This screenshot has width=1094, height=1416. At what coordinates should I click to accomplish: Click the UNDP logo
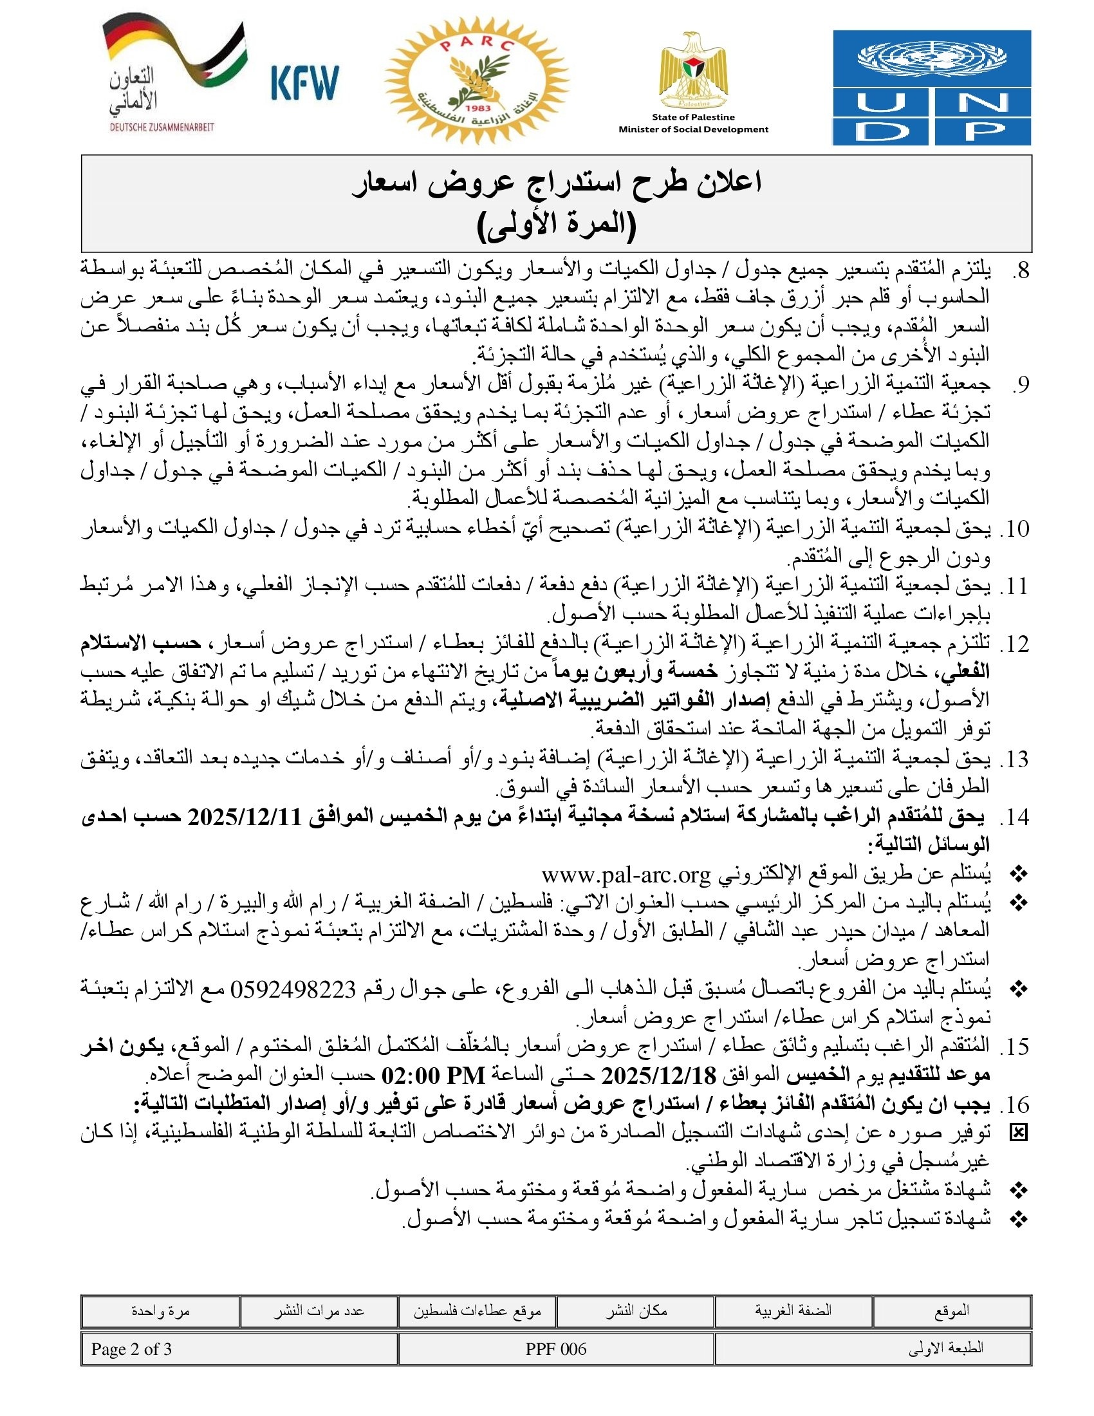coord(931,88)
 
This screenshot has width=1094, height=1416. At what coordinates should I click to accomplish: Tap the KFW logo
coord(304,82)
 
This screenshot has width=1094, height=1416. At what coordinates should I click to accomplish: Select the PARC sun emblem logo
coord(476,81)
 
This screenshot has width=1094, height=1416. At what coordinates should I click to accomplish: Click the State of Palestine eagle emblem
coord(693,71)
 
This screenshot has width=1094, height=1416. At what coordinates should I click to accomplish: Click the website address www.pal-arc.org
coord(626,875)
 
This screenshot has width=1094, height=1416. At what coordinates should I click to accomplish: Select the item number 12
coord(1014,645)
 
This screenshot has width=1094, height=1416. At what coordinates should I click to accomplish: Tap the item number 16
coord(1014,1104)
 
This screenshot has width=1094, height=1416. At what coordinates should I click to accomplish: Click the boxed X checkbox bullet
coord(1019,1133)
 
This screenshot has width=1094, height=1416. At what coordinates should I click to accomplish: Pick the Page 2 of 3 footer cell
coord(131,1349)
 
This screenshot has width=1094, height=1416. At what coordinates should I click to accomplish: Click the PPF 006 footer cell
coord(556,1349)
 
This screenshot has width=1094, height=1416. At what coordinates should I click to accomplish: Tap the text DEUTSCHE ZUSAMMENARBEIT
coord(162,127)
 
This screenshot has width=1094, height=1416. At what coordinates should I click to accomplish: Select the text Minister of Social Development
coord(693,129)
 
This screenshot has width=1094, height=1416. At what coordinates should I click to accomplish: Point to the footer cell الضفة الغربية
coord(793,1311)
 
